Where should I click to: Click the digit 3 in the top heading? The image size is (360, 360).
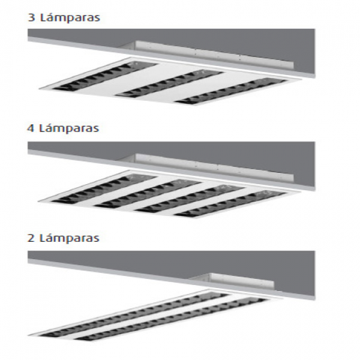[x=31, y=17]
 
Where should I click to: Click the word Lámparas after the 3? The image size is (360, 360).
[x=70, y=17]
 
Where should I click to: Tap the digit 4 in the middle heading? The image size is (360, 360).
[x=31, y=128]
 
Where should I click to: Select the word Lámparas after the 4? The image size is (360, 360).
[x=69, y=128]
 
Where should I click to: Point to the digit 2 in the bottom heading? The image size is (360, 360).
[x=31, y=238]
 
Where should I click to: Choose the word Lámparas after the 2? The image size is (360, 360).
[x=70, y=238]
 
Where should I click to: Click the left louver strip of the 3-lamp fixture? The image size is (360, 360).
[x=104, y=76]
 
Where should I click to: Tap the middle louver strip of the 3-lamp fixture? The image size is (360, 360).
[x=169, y=83]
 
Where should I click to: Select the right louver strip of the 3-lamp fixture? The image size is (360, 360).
[x=231, y=91]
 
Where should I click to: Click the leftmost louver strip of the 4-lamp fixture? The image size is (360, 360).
[x=103, y=189]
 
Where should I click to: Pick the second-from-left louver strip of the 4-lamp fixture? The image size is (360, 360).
[x=148, y=194]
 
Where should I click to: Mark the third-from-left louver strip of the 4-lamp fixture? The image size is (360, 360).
[x=190, y=199]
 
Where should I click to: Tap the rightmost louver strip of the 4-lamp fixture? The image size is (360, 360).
[x=230, y=203]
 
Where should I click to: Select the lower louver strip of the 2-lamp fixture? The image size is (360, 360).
[x=171, y=319]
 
